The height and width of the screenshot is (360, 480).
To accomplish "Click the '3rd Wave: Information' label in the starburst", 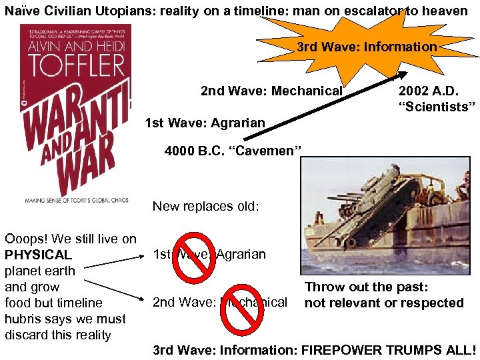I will tap(366, 47).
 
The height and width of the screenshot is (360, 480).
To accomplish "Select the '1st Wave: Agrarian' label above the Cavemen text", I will tap(205, 123).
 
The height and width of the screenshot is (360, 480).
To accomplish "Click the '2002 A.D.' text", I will tap(427, 91).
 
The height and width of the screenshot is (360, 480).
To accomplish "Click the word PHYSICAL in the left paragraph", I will tap(38, 255).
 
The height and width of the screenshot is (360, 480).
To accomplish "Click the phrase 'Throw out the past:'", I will tap(366, 287).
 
